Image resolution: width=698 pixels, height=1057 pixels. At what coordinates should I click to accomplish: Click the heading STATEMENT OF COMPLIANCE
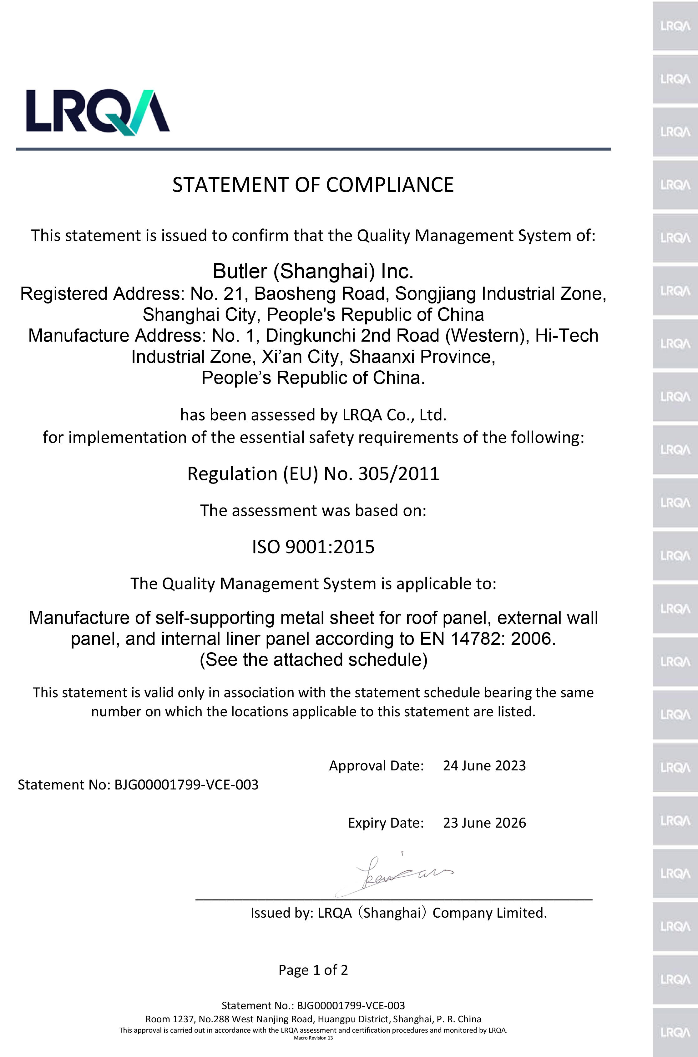click(313, 185)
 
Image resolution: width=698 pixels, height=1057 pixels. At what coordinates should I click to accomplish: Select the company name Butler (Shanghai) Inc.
click(313, 271)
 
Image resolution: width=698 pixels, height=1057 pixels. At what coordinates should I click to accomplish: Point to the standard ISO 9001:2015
click(313, 547)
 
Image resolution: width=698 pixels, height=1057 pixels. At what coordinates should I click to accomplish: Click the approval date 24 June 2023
click(484, 766)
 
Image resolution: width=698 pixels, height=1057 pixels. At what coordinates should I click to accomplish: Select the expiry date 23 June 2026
click(484, 823)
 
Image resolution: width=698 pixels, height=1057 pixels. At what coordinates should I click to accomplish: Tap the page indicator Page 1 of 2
click(313, 970)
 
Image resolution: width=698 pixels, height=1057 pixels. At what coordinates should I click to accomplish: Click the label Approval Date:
click(376, 766)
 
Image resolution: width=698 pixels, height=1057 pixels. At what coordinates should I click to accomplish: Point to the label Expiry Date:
click(386, 823)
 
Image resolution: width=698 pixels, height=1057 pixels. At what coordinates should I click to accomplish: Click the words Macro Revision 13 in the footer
click(313, 1038)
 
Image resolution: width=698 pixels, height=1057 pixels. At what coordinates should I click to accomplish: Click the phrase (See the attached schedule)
click(313, 660)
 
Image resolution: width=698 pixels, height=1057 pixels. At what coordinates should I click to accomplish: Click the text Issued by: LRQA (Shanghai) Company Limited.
click(398, 913)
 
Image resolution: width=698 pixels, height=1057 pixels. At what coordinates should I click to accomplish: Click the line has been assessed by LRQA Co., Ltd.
click(313, 415)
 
